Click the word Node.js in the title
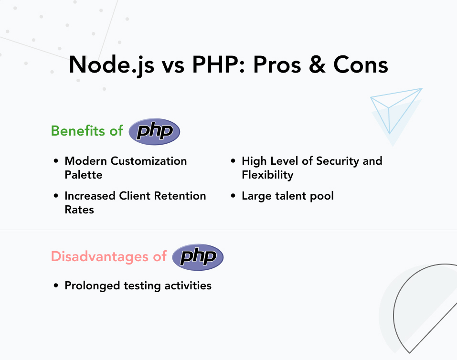pyautogui.click(x=112, y=65)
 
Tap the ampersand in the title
pyautogui.click(x=317, y=64)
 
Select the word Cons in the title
pyautogui.click(x=361, y=64)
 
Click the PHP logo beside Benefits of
pyautogui.click(x=154, y=131)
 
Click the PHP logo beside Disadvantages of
pyautogui.click(x=198, y=257)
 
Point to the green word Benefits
pyautogui.click(x=78, y=131)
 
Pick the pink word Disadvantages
pyautogui.click(x=100, y=256)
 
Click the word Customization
pyautogui.click(x=149, y=161)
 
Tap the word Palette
pyautogui.click(x=84, y=175)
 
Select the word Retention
pyautogui.click(x=180, y=196)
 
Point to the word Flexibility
pyautogui.click(x=267, y=175)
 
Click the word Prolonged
pyautogui.click(x=92, y=286)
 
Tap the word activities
pyautogui.click(x=188, y=286)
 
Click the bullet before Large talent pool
pyautogui.click(x=233, y=196)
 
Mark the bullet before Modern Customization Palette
pyautogui.click(x=56, y=161)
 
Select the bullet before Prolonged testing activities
pyautogui.click(x=56, y=286)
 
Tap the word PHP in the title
pyautogui.click(x=215, y=64)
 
